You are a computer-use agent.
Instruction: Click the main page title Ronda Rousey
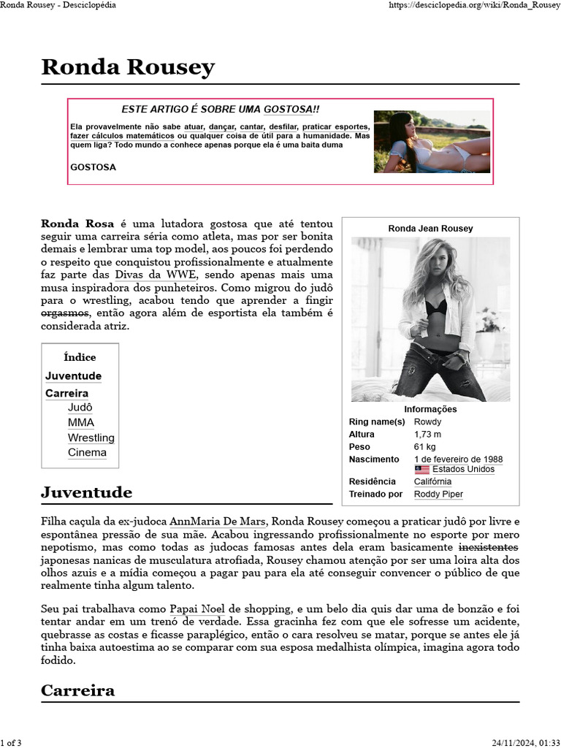pos(128,67)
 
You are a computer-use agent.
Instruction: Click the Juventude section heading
pos(86,492)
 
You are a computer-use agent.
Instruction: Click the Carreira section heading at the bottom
pos(77,690)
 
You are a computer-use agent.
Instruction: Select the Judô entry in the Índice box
pos(80,408)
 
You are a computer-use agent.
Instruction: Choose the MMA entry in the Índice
pos(80,422)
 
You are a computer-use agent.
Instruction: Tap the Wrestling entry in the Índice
pos(91,438)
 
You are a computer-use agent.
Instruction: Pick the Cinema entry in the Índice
pos(87,452)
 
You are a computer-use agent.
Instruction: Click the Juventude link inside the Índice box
pos(73,376)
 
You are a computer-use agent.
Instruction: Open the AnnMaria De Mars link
pos(217,522)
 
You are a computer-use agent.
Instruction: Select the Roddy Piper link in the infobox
pos(438,495)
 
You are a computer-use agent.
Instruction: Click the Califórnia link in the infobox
pos(432,481)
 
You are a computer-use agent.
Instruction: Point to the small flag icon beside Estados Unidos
pos(421,469)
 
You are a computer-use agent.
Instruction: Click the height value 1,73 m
pos(427,435)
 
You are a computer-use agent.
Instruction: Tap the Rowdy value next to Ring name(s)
pos(427,422)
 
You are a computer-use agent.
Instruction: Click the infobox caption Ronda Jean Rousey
pos(430,229)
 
